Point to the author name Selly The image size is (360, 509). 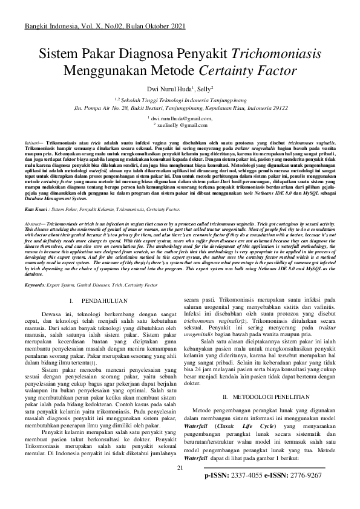point(204,89)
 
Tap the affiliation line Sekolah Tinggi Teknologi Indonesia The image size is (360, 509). point(181,98)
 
